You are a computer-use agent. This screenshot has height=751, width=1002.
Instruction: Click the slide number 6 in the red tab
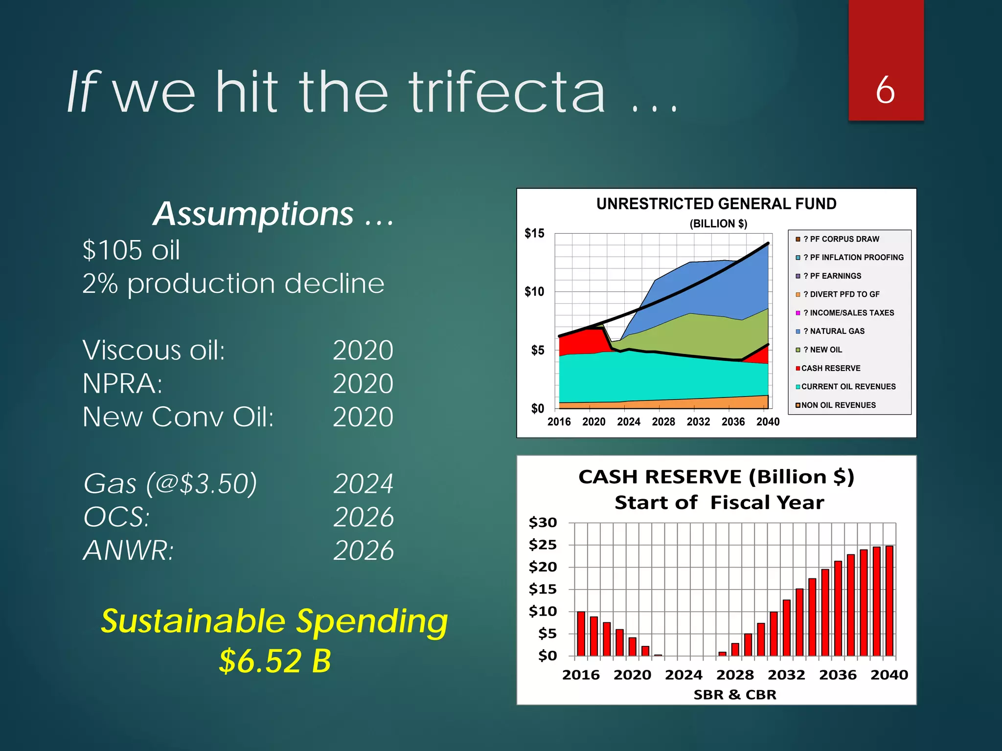coord(885,90)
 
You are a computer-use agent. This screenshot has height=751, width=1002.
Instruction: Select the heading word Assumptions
coord(253,214)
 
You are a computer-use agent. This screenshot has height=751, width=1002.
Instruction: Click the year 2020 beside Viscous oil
coord(363,350)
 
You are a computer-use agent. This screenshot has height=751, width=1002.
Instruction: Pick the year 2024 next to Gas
coord(363,484)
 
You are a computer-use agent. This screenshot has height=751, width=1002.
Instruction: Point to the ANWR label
coord(128,551)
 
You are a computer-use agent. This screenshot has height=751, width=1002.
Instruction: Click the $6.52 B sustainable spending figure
coord(275,661)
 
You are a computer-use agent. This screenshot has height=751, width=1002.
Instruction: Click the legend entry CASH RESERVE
coord(830,368)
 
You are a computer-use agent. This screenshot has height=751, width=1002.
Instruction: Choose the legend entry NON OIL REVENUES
coord(838,405)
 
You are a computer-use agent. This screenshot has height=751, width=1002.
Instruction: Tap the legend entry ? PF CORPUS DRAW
coord(841,239)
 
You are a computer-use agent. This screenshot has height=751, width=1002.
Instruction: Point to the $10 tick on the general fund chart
coord(534,292)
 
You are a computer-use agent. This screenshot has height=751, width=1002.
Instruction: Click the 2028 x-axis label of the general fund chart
coord(663,421)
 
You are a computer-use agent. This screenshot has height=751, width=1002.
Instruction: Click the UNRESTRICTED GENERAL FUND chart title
coord(716,204)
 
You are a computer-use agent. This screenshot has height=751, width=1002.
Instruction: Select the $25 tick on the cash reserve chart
coord(543,545)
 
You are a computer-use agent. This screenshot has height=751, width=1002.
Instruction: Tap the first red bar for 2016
coord(581,634)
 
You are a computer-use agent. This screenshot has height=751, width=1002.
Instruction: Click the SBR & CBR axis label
coord(734,695)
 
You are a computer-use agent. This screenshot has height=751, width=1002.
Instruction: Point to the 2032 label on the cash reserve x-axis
coord(786,675)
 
